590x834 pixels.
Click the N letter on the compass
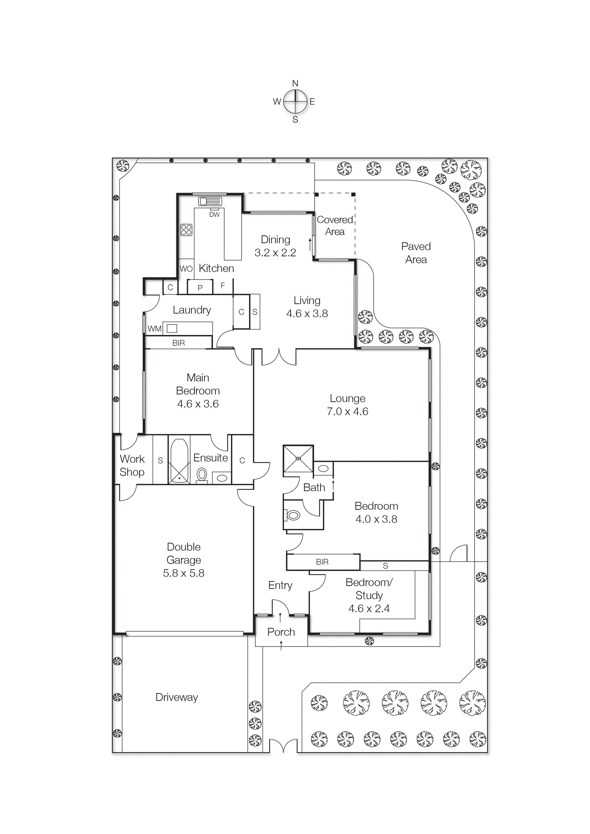[295, 83]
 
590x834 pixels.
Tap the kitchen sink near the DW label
[210, 201]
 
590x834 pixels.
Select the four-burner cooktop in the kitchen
[186, 230]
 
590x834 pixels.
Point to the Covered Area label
[335, 226]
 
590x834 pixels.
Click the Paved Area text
[416, 253]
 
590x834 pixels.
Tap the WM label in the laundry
[154, 329]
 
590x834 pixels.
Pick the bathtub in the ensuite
[179, 461]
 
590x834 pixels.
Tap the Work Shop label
[132, 465]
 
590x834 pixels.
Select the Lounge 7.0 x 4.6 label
[348, 405]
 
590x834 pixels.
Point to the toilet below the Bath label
[293, 515]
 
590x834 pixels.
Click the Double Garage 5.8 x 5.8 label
[184, 560]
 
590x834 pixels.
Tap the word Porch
[281, 632]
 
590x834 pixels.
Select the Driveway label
[177, 697]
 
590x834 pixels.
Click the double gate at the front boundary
[283, 747]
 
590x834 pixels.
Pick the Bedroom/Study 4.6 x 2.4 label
[369, 595]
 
